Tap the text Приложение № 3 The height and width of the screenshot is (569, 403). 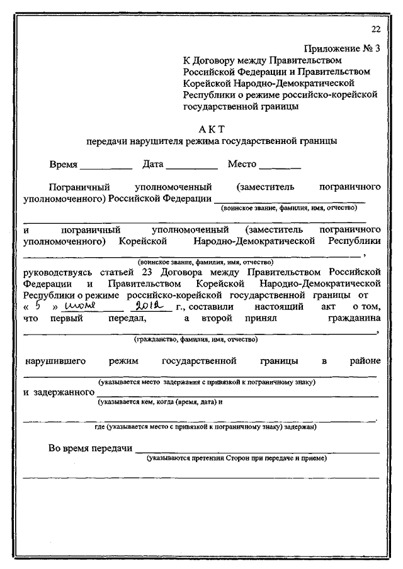tap(343, 48)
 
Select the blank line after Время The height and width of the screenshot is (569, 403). tap(106, 168)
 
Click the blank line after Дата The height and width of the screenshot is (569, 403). tap(191, 168)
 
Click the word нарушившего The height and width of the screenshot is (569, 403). tap(56, 362)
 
